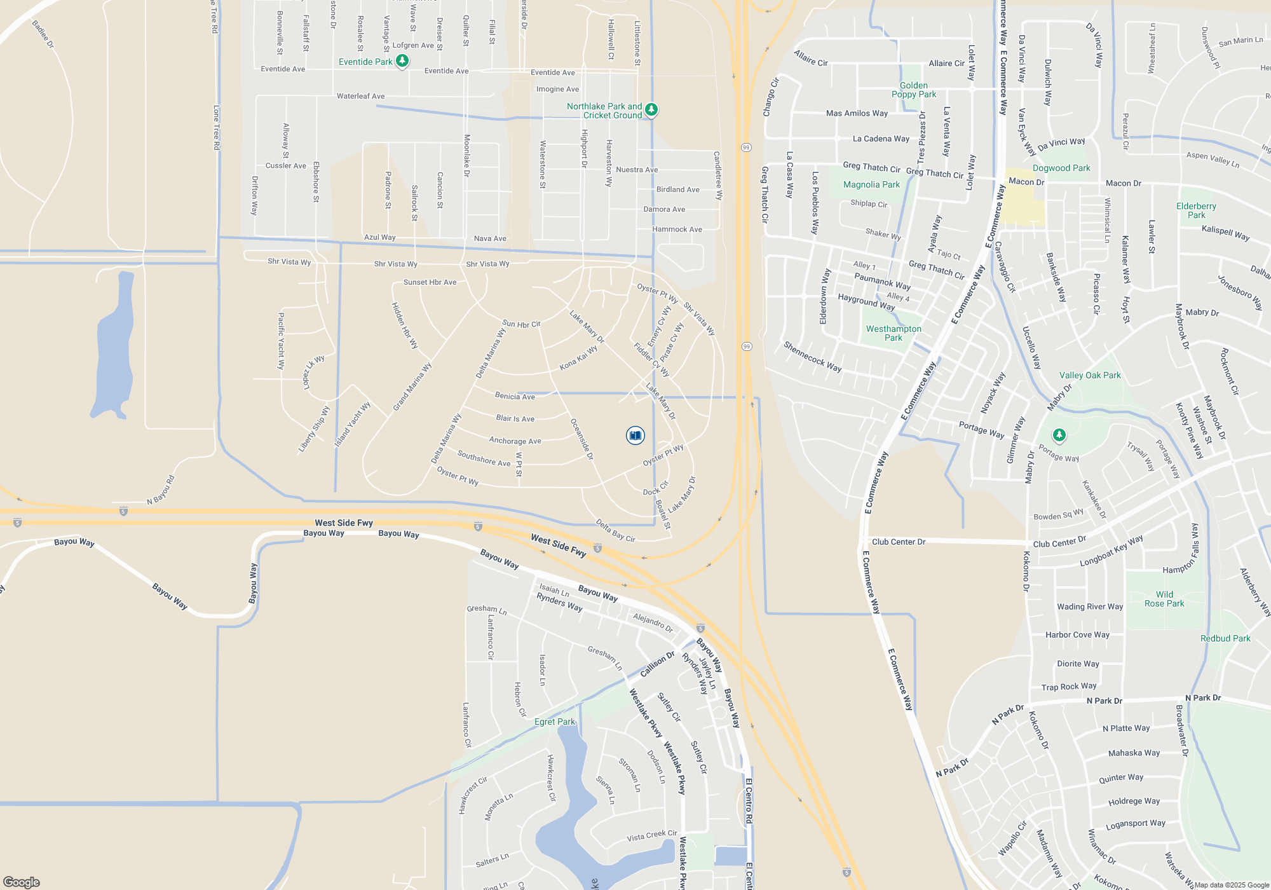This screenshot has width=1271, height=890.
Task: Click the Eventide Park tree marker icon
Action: pyautogui.click(x=402, y=61)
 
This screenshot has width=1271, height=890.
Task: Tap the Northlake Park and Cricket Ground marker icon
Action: pyautogui.click(x=651, y=110)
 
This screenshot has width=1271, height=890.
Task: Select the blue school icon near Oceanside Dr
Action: pyautogui.click(x=635, y=435)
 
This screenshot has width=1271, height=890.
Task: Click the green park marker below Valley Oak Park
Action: pyautogui.click(x=1059, y=435)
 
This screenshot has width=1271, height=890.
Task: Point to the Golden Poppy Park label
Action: pyautogui.click(x=914, y=90)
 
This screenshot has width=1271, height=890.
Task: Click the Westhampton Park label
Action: pyautogui.click(x=894, y=333)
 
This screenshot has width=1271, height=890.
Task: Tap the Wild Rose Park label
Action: pyautogui.click(x=1164, y=599)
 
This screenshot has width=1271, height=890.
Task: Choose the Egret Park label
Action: pyautogui.click(x=554, y=722)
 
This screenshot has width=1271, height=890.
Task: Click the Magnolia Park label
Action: pyautogui.click(x=871, y=184)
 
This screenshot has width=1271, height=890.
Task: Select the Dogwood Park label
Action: pyautogui.click(x=1061, y=168)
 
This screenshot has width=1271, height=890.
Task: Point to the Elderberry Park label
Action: pyautogui.click(x=1196, y=210)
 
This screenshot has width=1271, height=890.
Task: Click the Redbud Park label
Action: pyautogui.click(x=1225, y=638)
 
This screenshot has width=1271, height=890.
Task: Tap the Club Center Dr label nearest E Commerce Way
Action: pyautogui.click(x=899, y=542)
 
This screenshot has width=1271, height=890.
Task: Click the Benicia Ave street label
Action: pyautogui.click(x=515, y=396)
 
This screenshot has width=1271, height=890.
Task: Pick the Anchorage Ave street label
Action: pyautogui.click(x=515, y=441)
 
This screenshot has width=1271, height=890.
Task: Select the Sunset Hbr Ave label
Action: pyautogui.click(x=430, y=282)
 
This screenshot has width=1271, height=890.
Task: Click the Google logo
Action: pyautogui.click(x=22, y=882)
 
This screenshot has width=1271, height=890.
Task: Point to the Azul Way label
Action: pyautogui.click(x=379, y=237)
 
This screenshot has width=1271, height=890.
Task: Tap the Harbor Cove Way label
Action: pyautogui.click(x=1077, y=634)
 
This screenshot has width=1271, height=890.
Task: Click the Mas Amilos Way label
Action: pyautogui.click(x=857, y=113)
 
